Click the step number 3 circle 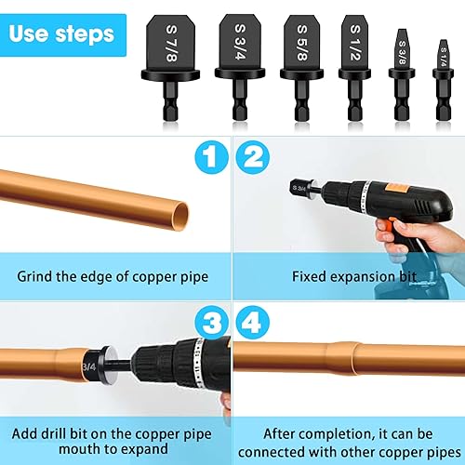[x=211, y=325]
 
